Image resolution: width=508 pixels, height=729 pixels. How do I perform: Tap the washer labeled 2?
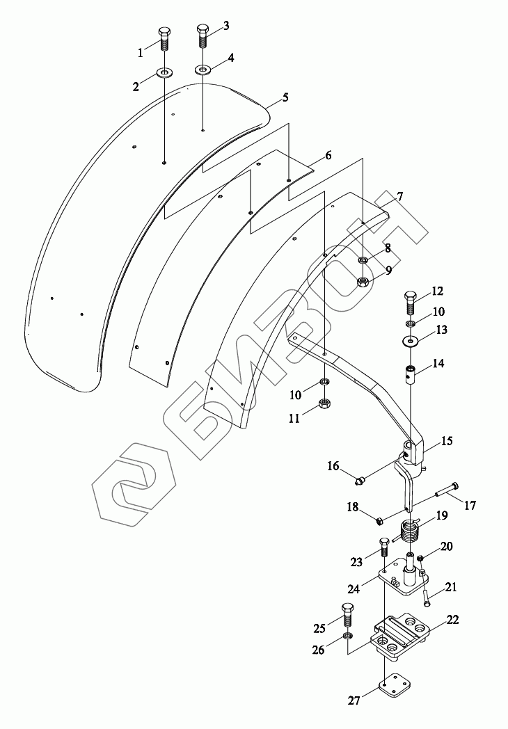[165, 72]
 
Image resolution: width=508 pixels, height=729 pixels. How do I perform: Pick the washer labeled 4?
[203, 70]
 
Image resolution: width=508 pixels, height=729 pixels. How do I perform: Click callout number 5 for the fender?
[285, 98]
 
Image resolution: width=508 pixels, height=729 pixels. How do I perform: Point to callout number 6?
[328, 156]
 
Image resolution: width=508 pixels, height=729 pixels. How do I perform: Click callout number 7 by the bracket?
[400, 197]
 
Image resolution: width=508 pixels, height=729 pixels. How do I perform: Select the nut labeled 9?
[363, 282]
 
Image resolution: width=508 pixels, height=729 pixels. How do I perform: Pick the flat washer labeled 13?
[411, 341]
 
